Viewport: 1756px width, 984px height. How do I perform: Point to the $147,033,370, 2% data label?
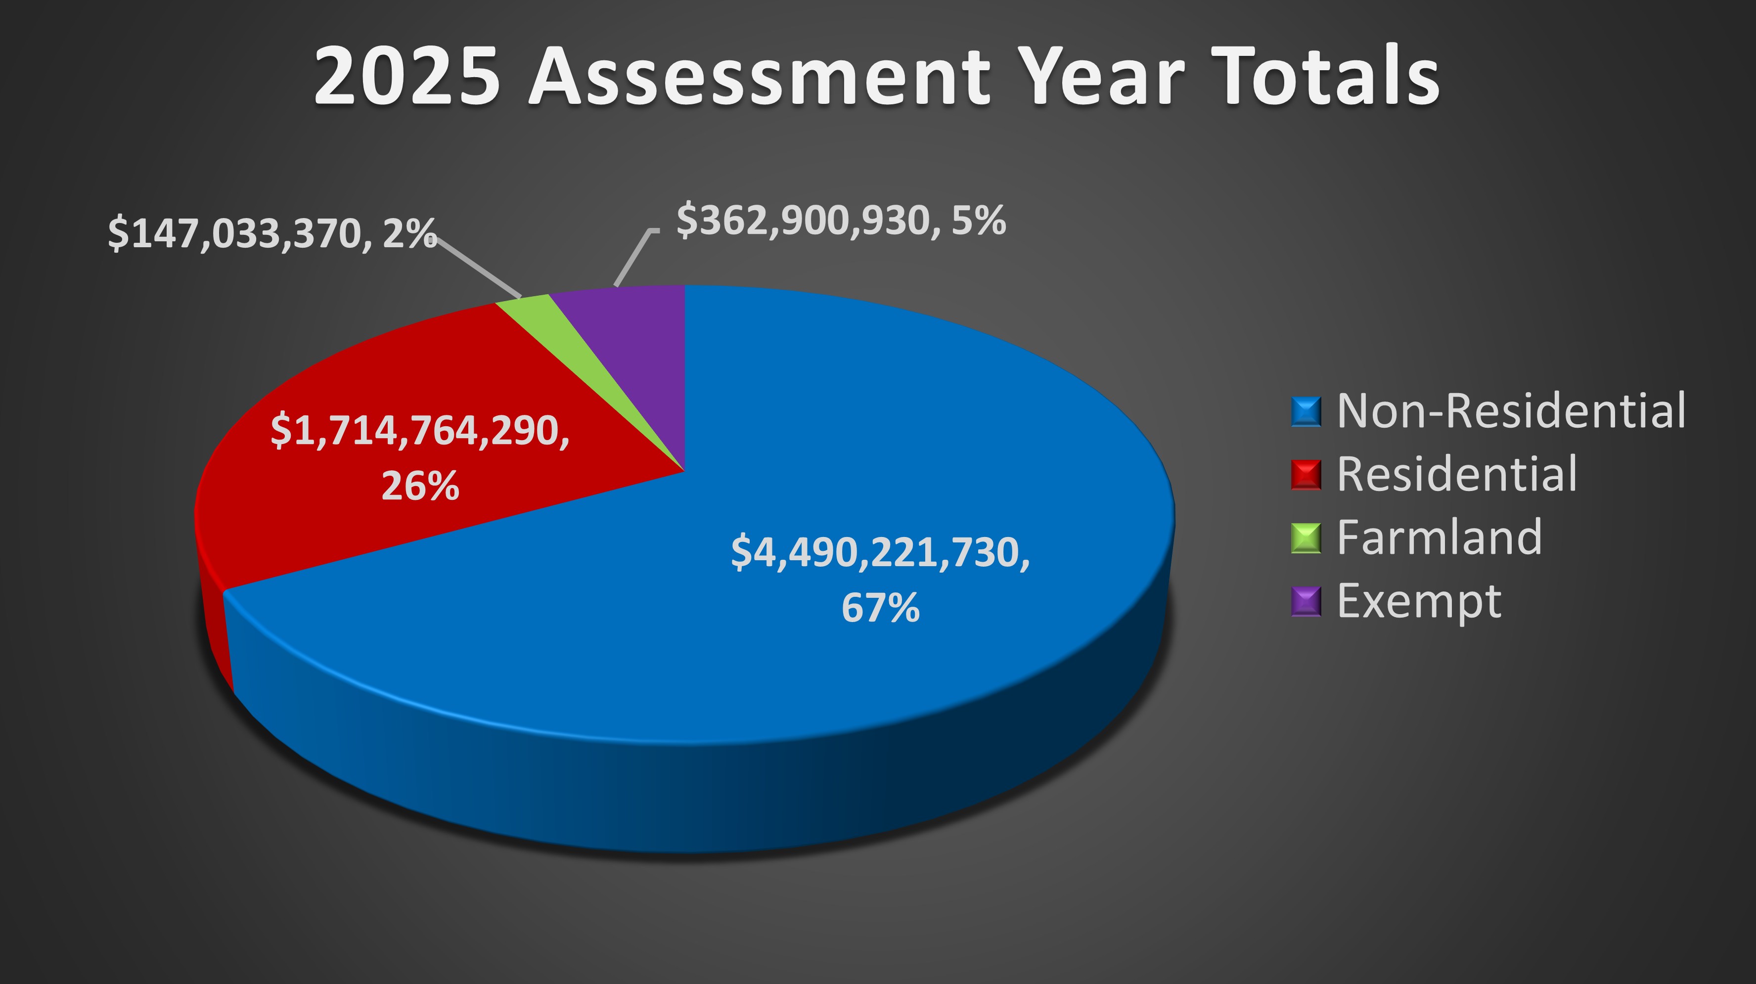tap(272, 234)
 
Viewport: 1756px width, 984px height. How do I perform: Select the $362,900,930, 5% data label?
tap(841, 220)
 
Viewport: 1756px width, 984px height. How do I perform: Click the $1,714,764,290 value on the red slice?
tap(420, 431)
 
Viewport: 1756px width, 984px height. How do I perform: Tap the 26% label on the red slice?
tap(420, 487)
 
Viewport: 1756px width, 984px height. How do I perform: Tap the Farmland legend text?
tap(1439, 537)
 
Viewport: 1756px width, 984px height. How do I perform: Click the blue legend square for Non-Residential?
tap(1306, 411)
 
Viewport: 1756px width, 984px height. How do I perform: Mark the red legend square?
tap(1306, 475)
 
